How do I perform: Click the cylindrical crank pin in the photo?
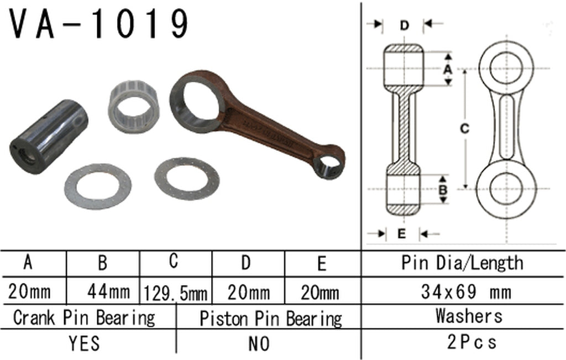[x=48, y=136]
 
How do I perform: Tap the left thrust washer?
[x=98, y=186]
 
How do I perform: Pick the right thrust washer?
[x=187, y=179]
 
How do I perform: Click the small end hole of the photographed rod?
[x=328, y=164]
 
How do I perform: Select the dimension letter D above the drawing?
[x=405, y=25]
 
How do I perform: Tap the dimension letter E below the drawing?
[x=402, y=233]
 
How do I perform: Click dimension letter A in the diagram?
[x=448, y=69]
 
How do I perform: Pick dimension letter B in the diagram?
[x=443, y=189]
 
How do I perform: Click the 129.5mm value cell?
[x=175, y=292]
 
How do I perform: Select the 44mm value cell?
[x=109, y=291]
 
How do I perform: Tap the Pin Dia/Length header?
[x=462, y=263]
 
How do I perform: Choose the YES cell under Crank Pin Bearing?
[x=85, y=343]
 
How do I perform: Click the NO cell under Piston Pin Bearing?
[x=259, y=343]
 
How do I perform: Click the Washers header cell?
[x=469, y=316]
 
